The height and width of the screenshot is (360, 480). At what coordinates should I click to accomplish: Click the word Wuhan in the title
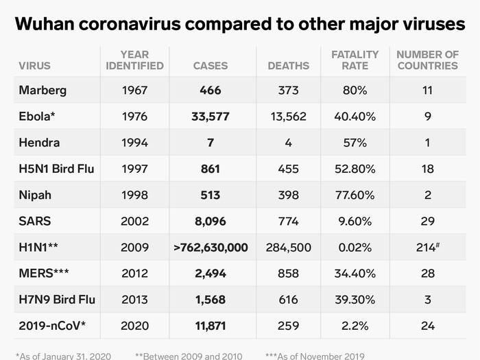coord(45,24)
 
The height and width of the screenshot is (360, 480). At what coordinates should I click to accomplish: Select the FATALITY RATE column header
coord(355,60)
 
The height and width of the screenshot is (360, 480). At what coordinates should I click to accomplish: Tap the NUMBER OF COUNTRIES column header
coord(428,60)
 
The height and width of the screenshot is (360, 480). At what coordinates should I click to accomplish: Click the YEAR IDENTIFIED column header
coord(134,60)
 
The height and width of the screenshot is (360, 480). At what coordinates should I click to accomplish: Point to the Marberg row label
coord(43,91)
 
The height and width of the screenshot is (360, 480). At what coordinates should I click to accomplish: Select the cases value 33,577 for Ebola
coord(211,117)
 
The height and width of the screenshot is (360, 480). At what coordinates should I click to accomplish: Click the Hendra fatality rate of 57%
coord(355,143)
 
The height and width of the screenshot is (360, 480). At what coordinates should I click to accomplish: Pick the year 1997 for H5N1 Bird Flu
coord(134,169)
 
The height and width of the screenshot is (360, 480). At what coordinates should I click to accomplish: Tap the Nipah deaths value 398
coord(289,195)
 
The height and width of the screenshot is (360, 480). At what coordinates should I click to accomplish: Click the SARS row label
coord(34,221)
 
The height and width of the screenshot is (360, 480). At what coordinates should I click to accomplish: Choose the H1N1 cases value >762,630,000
coord(211,248)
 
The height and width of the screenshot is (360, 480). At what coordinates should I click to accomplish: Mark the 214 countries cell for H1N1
coord(428,247)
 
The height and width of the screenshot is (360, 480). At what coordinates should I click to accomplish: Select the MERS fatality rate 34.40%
coord(355,274)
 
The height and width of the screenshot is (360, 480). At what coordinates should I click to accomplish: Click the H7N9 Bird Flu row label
coord(57,300)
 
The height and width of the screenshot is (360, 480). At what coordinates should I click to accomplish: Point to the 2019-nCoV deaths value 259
coord(289,326)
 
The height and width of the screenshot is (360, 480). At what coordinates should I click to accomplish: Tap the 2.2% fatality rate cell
coord(355,326)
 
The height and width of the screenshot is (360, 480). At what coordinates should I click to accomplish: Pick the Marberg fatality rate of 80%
coord(355,91)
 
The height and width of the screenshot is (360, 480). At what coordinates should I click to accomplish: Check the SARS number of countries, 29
coord(428,221)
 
